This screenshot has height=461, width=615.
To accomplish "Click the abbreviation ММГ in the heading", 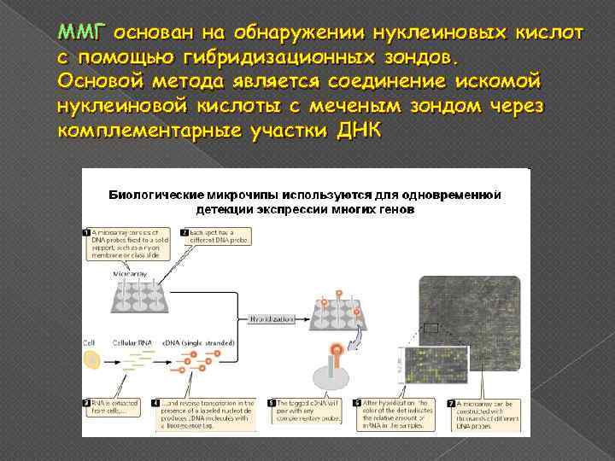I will pos(79,32).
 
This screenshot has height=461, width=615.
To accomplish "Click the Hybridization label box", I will pos(272,318).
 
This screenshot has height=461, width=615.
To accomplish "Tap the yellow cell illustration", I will pos(91,359).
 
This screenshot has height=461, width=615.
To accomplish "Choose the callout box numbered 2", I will pos(214,238).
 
